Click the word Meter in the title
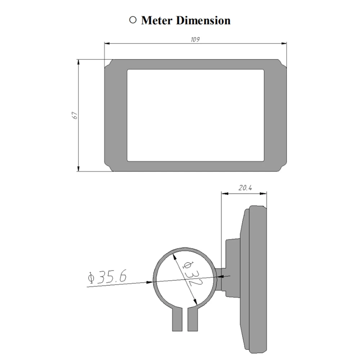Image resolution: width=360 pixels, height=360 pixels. [x=157, y=21]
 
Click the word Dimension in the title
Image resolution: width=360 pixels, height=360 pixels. [x=203, y=21]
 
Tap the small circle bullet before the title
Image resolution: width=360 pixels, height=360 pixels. [x=133, y=20]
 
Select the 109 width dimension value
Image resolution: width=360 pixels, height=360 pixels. [x=195, y=40]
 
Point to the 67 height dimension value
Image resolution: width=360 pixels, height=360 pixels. [x=75, y=115]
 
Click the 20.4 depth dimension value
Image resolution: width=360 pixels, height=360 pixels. [x=245, y=188]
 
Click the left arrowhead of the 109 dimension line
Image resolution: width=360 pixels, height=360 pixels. [x=107, y=43]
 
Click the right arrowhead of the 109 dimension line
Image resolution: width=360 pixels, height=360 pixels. [x=284, y=43]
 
